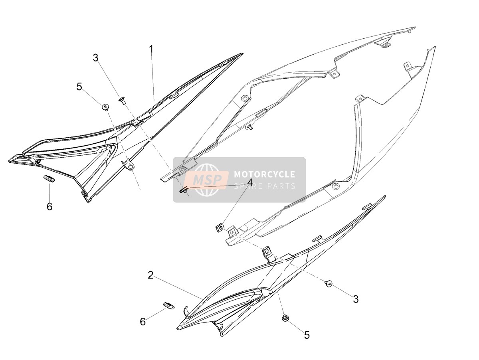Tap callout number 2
tap(150, 275)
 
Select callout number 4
tap(250, 183)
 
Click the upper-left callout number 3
tap(95, 58)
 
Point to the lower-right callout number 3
tap(356, 299)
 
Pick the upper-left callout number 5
tap(79, 87)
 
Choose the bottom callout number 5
tap(307, 335)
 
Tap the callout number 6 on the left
tap(49, 206)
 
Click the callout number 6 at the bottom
tap(143, 322)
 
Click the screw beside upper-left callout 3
tap(122, 101)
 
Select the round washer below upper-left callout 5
tap(106, 107)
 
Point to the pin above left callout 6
tap(49, 178)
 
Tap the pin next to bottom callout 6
tap(169, 305)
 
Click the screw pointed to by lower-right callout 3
tap(329, 283)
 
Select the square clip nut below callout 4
tap(220, 229)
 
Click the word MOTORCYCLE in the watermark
tap(265, 174)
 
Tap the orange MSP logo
tap(206, 180)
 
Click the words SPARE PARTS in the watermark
tap(265, 186)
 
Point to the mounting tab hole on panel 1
tap(131, 167)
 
